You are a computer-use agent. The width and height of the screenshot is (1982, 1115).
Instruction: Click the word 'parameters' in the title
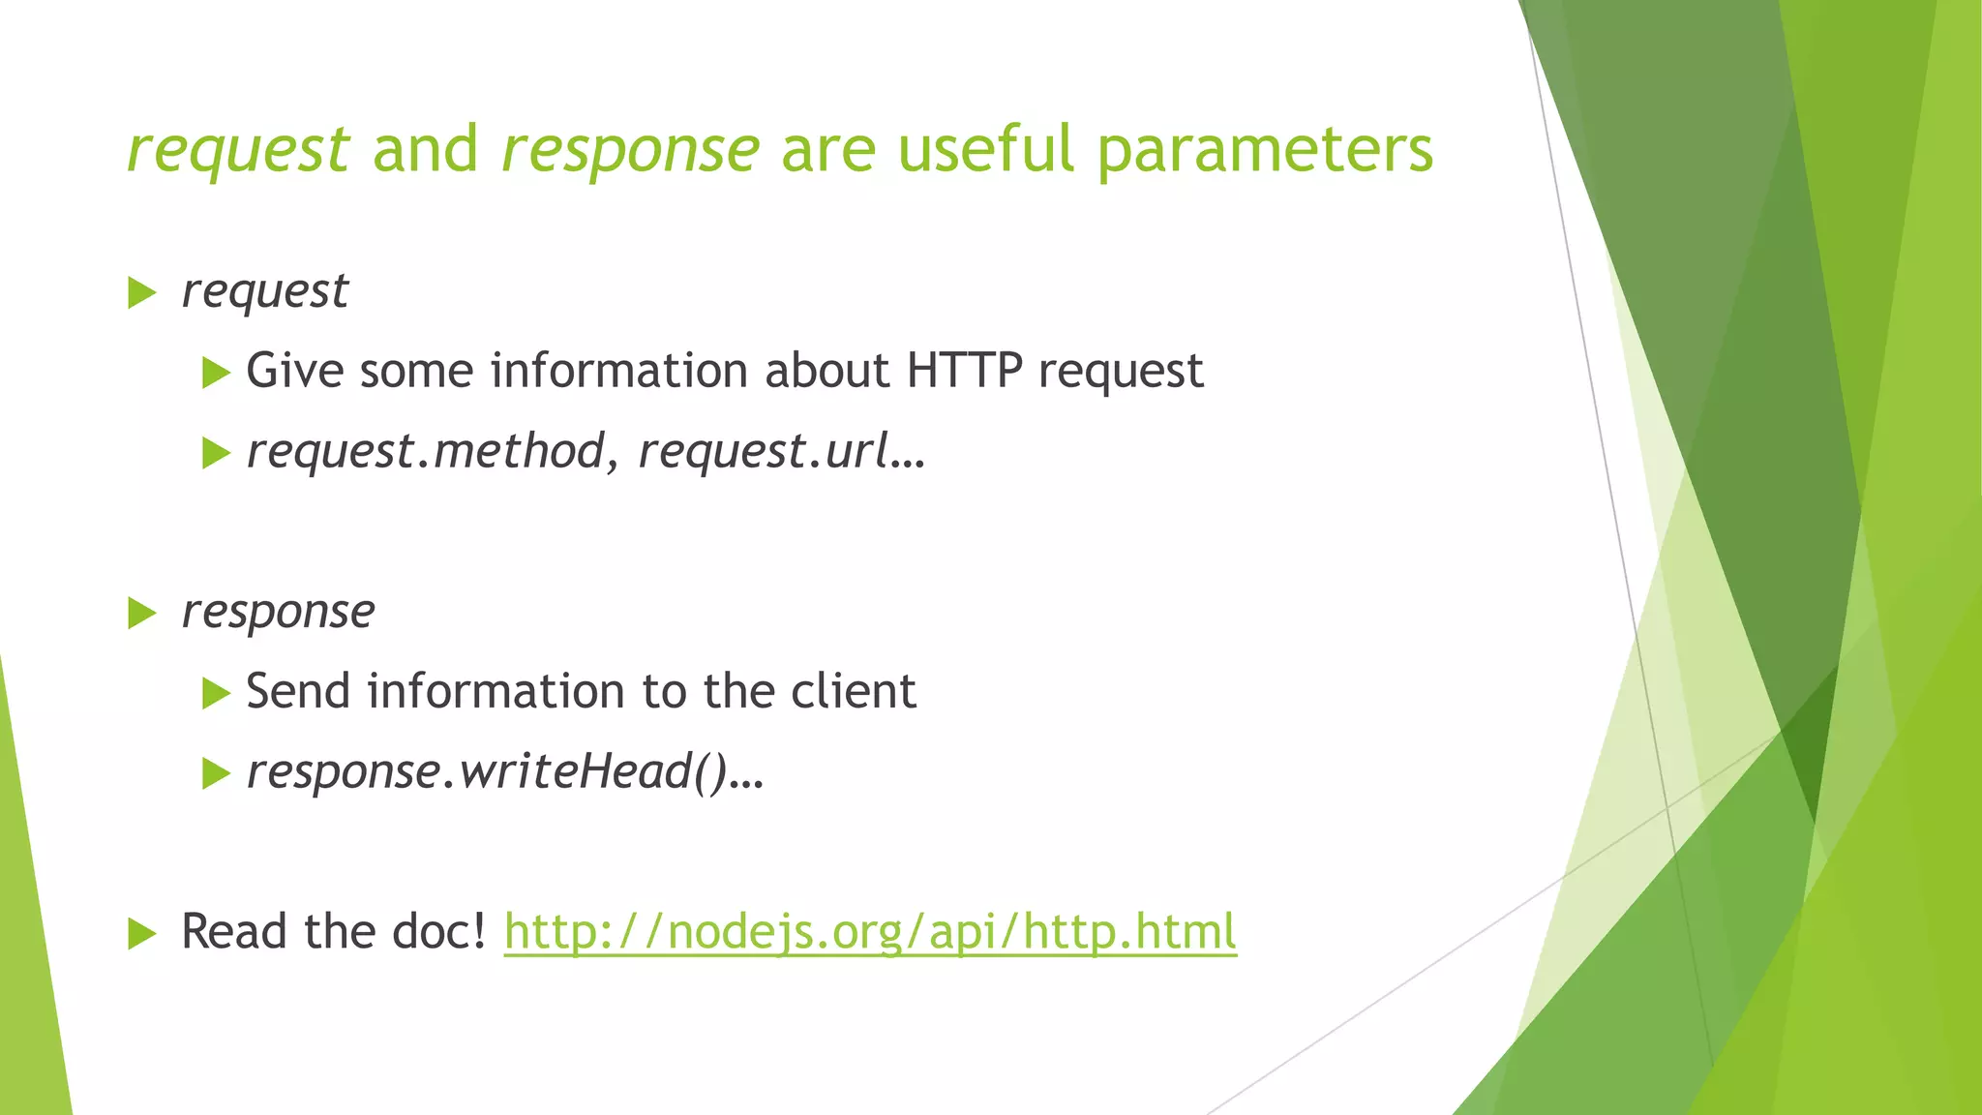tap(1264, 151)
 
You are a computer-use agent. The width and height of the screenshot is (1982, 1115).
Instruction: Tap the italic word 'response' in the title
tap(630, 151)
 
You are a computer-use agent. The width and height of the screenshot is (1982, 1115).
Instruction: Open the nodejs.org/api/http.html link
tap(870, 933)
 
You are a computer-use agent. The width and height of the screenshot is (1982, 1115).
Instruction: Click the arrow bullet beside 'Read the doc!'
tap(141, 934)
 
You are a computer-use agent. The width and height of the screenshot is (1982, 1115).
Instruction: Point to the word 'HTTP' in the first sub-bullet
tap(964, 371)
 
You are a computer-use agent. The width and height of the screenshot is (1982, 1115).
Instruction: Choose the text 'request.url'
tap(764, 452)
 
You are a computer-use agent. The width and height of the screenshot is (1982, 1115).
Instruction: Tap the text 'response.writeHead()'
tap(487, 772)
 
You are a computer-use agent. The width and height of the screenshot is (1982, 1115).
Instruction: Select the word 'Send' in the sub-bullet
tap(298, 691)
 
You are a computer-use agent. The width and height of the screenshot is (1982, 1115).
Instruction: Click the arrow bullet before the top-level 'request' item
tap(141, 292)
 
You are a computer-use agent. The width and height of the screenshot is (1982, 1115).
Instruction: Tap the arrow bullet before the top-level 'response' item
tap(141, 613)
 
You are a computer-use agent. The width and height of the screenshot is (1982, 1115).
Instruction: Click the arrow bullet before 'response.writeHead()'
tap(216, 773)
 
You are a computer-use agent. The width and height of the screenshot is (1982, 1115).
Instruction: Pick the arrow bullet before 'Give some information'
tap(216, 373)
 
